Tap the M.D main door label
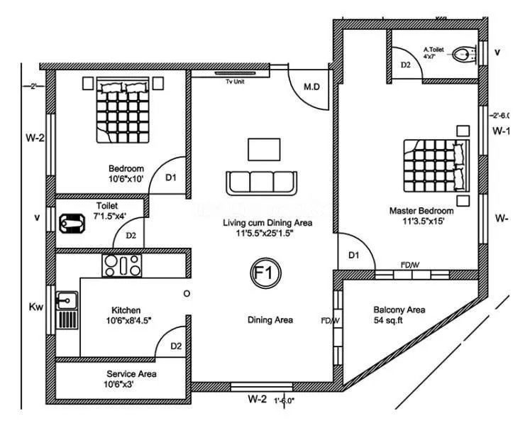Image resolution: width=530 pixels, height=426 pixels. (312, 87)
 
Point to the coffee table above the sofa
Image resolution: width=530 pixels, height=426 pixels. (260, 149)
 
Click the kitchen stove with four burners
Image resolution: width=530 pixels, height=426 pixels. (123, 266)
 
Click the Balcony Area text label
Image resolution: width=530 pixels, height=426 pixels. (399, 310)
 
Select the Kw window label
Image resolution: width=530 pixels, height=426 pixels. (35, 307)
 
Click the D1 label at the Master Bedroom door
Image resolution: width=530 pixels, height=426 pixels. (353, 255)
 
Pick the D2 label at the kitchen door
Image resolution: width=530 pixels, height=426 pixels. (177, 346)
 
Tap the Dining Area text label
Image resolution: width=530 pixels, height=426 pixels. (270, 320)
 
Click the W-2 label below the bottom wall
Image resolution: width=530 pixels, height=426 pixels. (257, 400)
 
